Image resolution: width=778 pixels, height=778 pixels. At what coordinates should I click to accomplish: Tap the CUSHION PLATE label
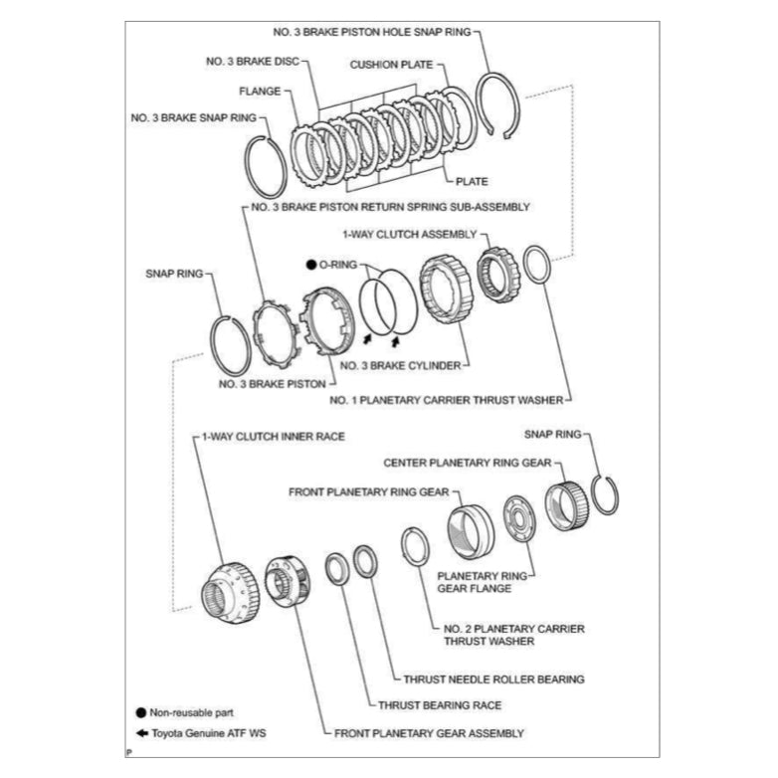390,65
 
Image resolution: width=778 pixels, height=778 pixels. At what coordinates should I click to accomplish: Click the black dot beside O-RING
311,266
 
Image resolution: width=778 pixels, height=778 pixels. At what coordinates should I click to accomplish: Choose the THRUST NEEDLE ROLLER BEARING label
493,680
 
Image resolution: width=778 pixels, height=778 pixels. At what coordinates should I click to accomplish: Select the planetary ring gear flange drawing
522,520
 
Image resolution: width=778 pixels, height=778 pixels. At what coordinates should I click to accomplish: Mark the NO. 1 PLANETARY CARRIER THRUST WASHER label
446,400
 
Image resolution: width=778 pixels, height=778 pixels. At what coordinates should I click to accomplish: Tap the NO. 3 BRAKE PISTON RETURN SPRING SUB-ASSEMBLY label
390,207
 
